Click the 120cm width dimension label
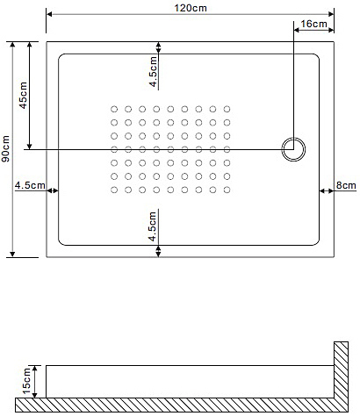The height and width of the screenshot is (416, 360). click(191, 8)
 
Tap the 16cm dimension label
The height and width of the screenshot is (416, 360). click(313, 24)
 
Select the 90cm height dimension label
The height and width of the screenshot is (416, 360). click(5, 148)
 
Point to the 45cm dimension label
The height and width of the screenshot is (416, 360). click(23, 96)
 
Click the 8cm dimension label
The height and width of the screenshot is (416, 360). click(346, 185)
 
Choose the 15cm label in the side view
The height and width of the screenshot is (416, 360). click(26, 381)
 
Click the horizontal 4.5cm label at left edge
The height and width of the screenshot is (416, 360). click(30, 185)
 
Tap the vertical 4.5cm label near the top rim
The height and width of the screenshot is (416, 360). click(153, 72)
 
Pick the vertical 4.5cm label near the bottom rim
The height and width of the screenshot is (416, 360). click(153, 226)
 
